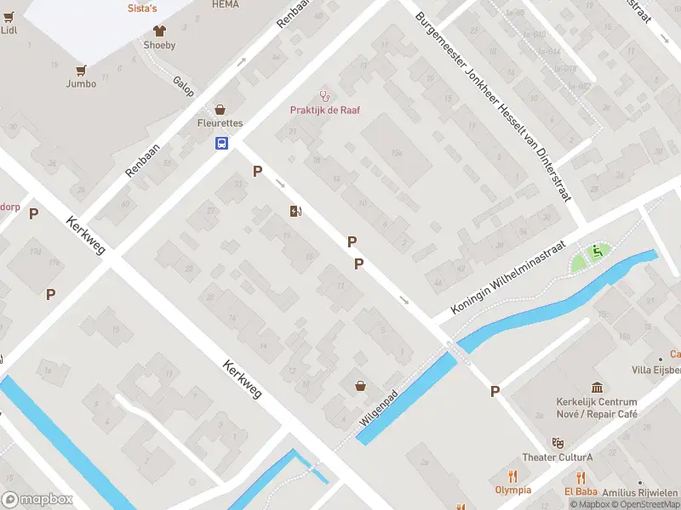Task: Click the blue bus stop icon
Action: pos(221,143)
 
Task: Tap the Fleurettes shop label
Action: pos(220,123)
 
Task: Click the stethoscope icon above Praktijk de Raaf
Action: pos(323,95)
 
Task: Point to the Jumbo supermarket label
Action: pos(82,83)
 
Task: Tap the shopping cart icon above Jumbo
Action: pos(82,70)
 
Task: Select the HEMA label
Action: pos(225,4)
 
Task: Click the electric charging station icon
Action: pos(295,211)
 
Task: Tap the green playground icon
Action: pos(598,251)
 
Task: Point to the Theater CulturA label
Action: pos(557,457)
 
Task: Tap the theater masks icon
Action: pos(558,443)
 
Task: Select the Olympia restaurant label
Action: pos(512,490)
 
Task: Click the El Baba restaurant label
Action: pos(581,490)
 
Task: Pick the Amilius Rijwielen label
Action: pos(640,493)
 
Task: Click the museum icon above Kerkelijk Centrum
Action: pos(597,388)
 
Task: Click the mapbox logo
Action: pos(37,499)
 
